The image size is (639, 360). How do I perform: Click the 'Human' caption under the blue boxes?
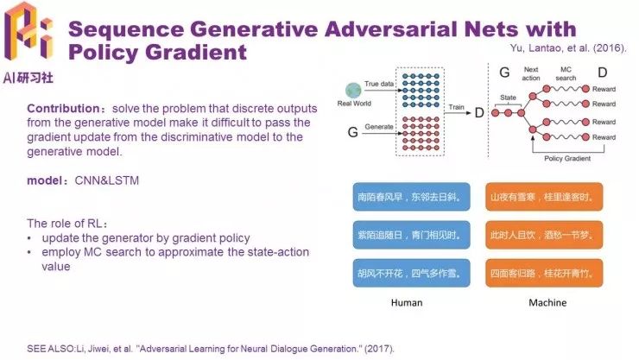pos(407,303)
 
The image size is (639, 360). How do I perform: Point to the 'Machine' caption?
pos(547,303)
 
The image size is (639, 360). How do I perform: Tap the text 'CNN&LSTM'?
pos(113,182)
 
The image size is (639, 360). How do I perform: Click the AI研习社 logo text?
pos(29,75)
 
